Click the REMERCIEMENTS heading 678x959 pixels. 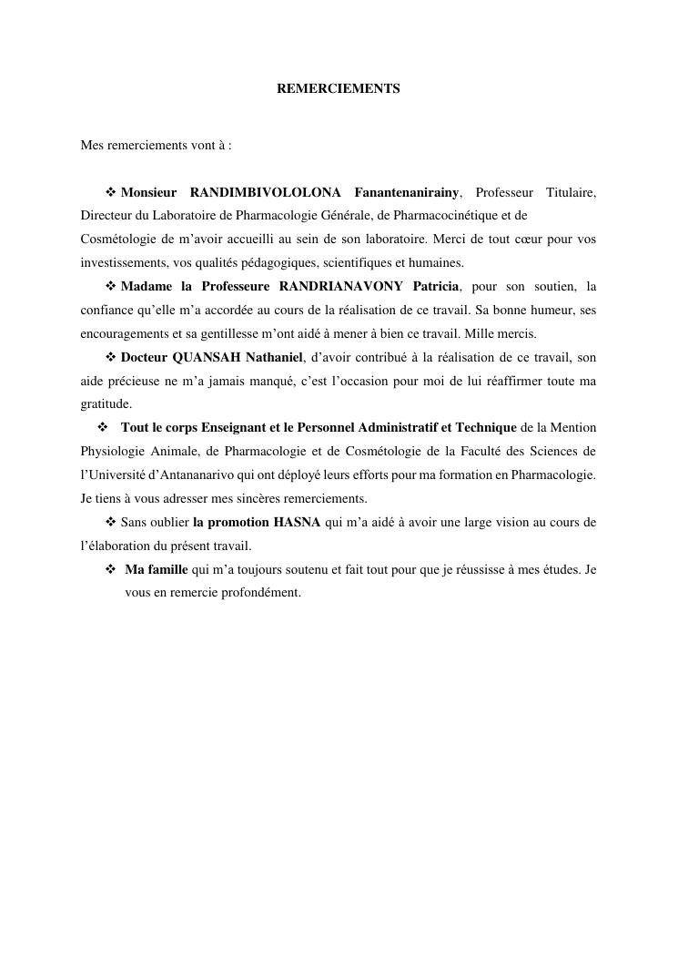click(x=338, y=89)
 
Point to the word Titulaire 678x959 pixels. click(x=571, y=192)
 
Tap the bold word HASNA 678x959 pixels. click(x=297, y=523)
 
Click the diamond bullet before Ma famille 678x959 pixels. click(x=111, y=569)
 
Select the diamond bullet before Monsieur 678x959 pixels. click(x=112, y=192)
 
